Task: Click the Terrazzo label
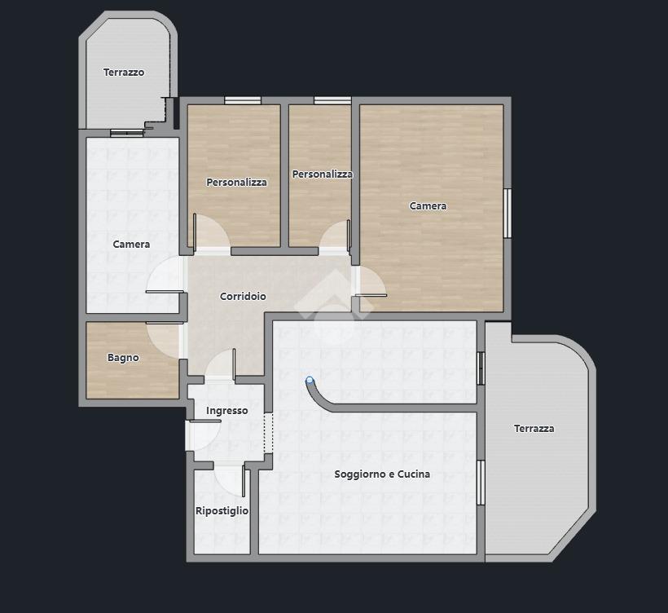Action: point(124,73)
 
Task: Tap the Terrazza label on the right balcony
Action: point(534,429)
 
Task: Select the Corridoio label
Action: point(243,296)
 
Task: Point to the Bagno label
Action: point(123,358)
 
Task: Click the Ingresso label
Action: point(226,411)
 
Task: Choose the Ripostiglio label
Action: point(222,510)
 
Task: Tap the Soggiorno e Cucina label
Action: point(382,474)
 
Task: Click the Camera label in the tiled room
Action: point(131,245)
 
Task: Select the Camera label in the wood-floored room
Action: point(428,206)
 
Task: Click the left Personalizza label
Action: point(236,183)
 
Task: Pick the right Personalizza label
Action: point(322,174)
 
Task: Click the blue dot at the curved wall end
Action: point(310,380)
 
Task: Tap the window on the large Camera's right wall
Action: point(507,213)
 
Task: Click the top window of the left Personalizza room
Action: point(243,100)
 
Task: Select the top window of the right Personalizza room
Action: point(332,100)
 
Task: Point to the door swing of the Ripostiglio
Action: point(230,481)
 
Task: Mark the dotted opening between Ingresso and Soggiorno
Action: point(268,433)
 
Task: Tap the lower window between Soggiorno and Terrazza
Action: point(481,483)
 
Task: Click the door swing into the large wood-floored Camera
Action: point(371,281)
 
